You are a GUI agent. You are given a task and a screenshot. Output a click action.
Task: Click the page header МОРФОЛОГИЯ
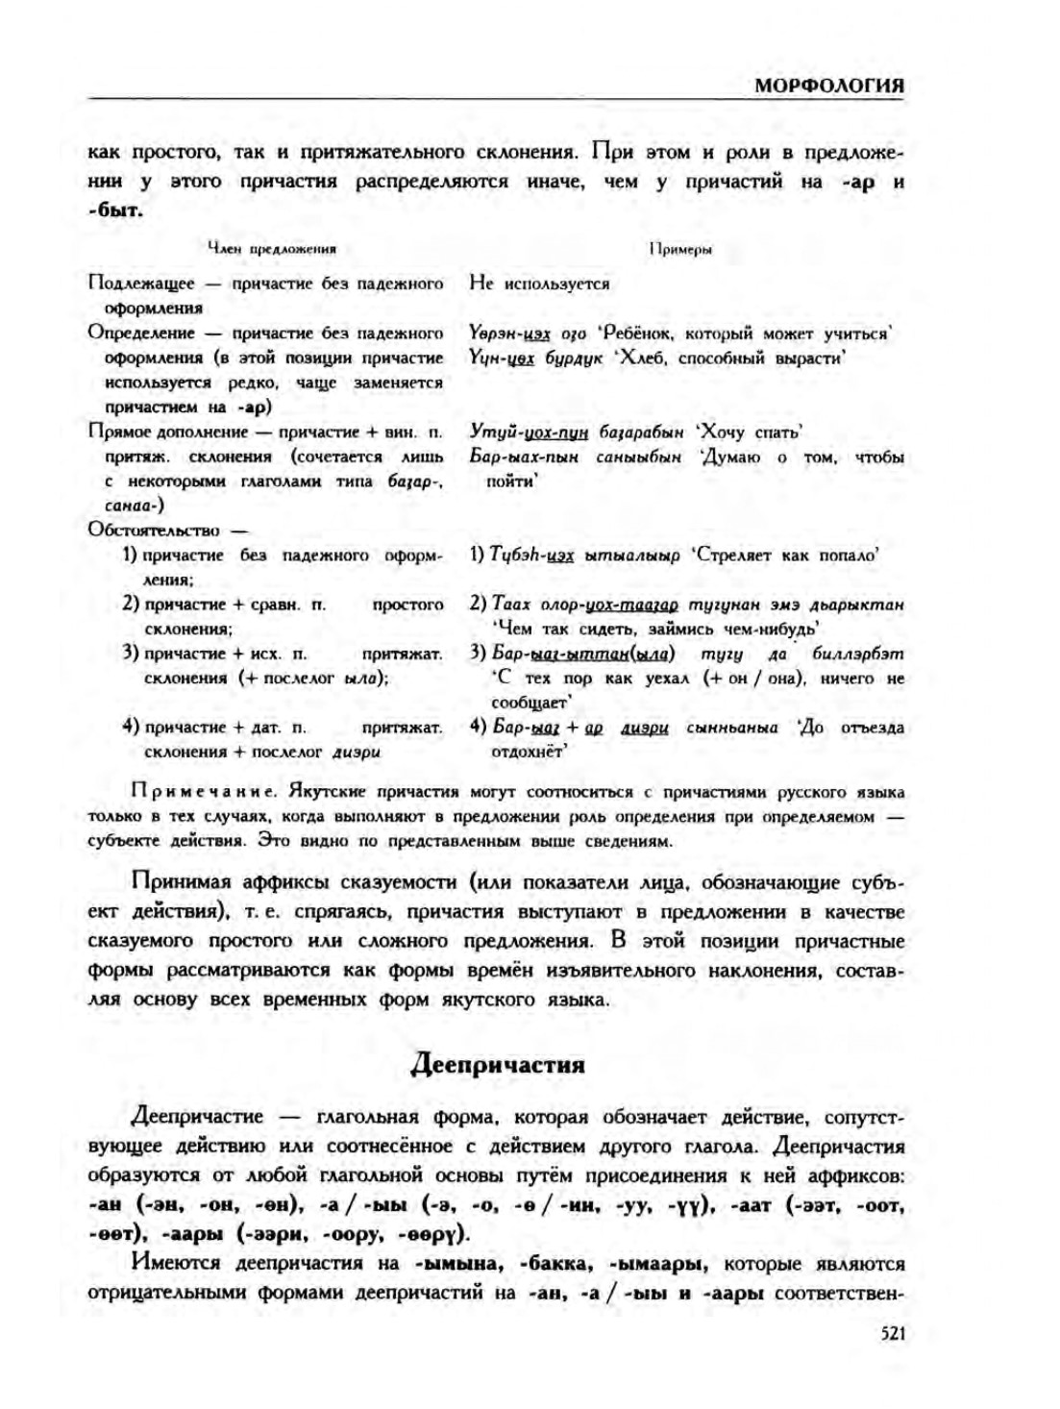[828, 85]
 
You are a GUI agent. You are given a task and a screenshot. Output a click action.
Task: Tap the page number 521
[892, 1333]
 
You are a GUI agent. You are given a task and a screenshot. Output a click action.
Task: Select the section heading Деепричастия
[497, 1065]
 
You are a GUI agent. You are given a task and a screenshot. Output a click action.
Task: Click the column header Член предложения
[272, 248]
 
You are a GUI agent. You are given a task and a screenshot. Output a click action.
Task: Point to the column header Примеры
[680, 249]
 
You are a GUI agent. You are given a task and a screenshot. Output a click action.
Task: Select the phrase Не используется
[539, 284]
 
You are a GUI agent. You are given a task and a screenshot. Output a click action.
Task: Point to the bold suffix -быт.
[115, 210]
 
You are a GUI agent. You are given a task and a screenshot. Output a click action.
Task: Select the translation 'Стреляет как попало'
[785, 555]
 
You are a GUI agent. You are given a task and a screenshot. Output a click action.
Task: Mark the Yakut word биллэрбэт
[856, 654]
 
